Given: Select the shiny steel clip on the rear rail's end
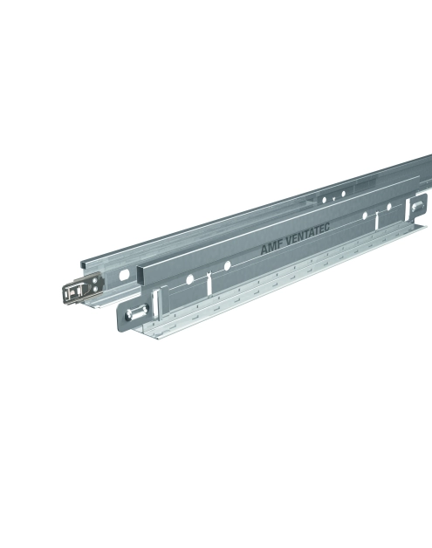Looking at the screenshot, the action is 83,290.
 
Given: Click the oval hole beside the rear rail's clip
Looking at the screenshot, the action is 124,275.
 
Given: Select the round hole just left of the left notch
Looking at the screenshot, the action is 189,279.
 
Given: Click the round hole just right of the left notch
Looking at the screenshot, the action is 227,265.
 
